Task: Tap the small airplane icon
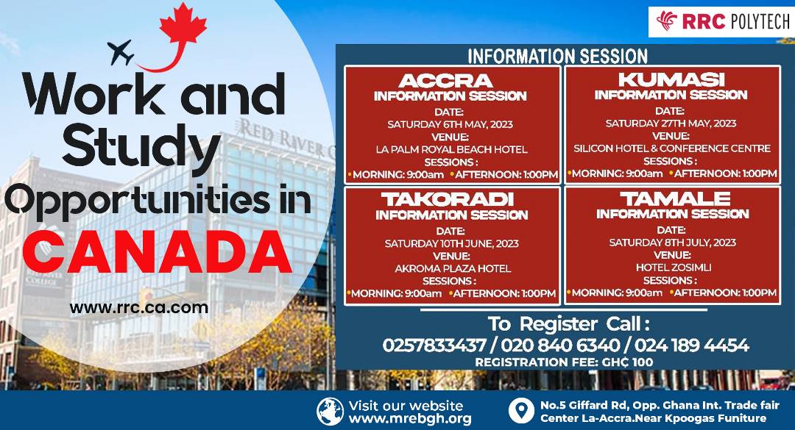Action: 123,52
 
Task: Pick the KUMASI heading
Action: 671,79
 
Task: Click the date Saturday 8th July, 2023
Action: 672,243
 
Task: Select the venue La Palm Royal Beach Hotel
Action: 451,149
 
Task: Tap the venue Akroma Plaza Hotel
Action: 451,268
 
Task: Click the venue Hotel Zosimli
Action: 672,268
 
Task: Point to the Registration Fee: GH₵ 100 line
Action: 563,362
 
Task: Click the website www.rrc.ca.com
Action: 139,308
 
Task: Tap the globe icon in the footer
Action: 330,412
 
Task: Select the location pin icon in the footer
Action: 520,411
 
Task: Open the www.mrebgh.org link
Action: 410,418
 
